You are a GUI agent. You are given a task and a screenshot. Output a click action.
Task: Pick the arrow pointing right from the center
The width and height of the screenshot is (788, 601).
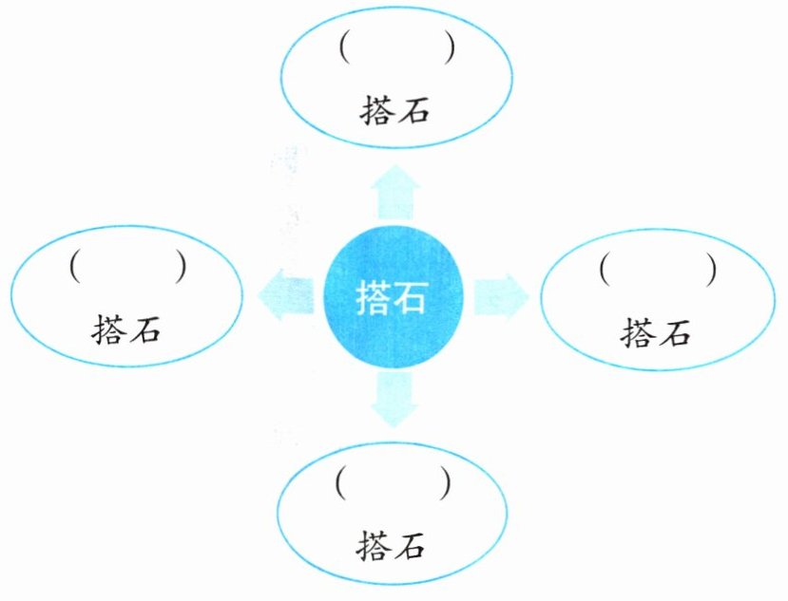click(499, 292)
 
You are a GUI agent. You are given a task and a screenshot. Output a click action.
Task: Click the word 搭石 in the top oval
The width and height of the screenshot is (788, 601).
click(395, 110)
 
